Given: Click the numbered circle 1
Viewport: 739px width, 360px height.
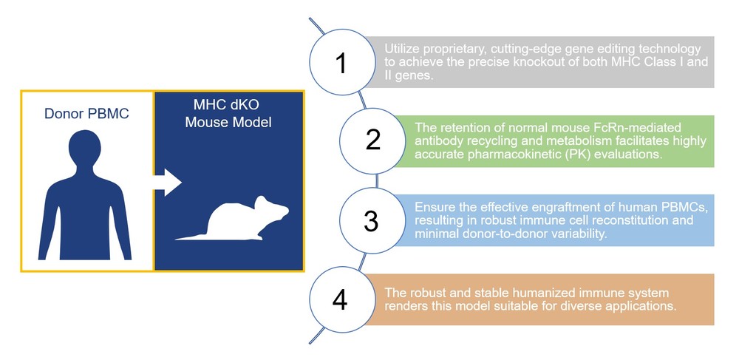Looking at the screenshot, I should pos(341,64).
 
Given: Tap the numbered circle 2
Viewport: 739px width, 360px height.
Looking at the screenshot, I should pos(372,140).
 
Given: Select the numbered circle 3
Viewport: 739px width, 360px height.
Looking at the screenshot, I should pos(372,220).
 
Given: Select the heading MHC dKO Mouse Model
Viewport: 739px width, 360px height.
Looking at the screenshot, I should pos(228,113).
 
